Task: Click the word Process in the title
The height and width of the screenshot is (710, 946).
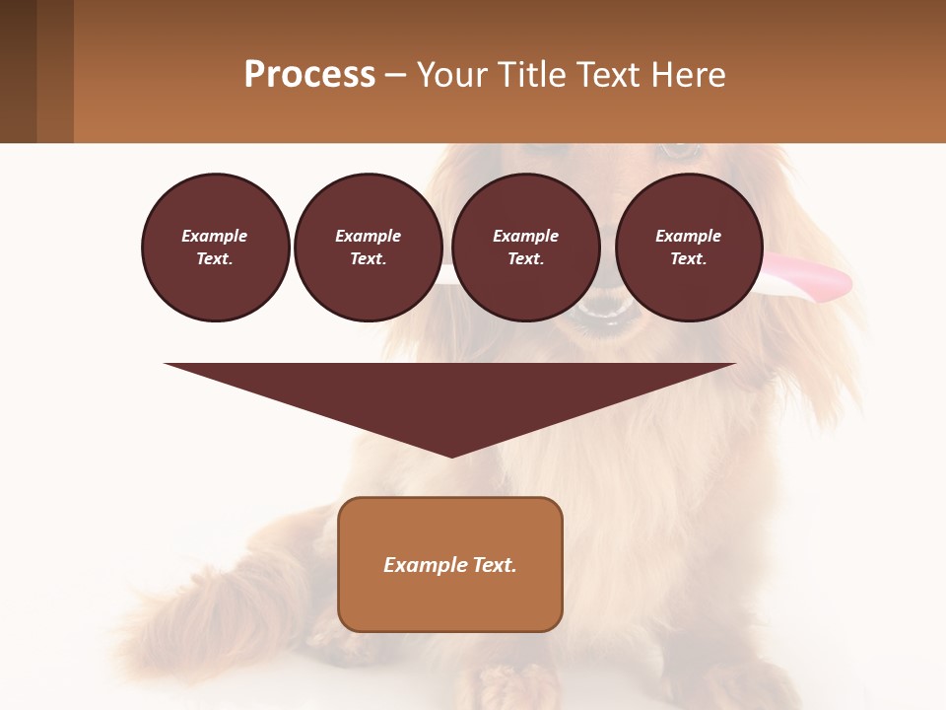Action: [x=309, y=74]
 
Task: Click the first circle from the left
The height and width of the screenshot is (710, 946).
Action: [x=215, y=247]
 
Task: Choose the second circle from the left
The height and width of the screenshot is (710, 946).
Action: [x=368, y=247]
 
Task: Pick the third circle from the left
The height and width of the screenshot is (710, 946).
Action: [x=525, y=247]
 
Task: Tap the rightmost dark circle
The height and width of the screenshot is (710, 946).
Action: [x=688, y=247]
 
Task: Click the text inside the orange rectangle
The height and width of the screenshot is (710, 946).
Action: [x=450, y=565]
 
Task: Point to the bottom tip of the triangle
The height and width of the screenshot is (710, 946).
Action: [x=451, y=455]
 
